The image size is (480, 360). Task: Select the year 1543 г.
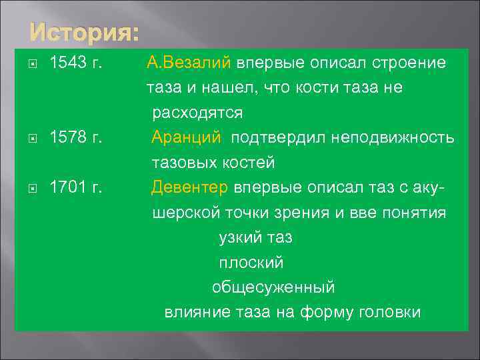click(x=76, y=63)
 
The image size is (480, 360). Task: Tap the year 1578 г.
click(x=76, y=138)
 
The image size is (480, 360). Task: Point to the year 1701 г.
click(x=76, y=188)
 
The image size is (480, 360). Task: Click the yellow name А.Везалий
click(x=189, y=63)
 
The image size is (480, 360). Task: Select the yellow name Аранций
click(x=186, y=138)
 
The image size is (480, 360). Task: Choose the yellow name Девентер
click(x=190, y=188)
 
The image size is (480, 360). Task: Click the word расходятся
click(x=197, y=113)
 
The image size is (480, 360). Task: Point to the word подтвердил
click(x=272, y=138)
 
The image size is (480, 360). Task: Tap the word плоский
click(x=251, y=263)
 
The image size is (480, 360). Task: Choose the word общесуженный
click(x=273, y=288)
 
